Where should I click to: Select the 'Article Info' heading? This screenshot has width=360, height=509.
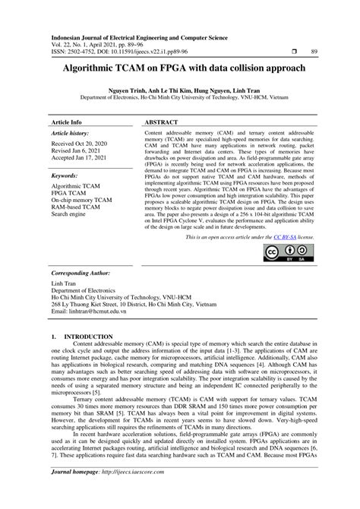66,122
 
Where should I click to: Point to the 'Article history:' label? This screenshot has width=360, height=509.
69,133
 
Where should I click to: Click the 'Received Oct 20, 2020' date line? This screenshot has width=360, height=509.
82,144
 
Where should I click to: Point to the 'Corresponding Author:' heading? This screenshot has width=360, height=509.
84,271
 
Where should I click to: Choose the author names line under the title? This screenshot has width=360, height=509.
179,90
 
